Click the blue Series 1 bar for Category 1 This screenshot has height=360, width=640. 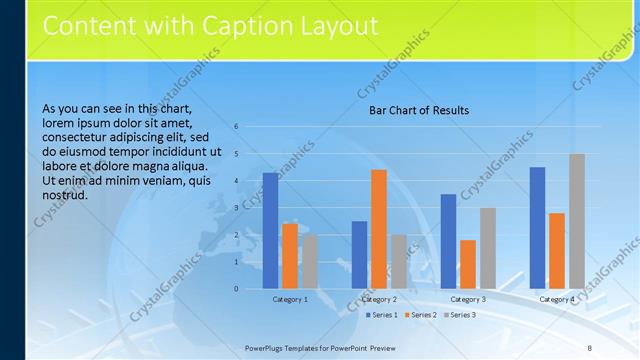(270, 231)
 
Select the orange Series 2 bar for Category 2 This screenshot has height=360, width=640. (379, 229)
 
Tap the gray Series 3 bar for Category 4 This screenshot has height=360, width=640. (577, 221)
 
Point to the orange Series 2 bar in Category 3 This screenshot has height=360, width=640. (468, 264)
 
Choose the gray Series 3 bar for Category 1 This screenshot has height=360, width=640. (310, 261)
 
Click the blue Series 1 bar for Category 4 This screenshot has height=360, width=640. (537, 228)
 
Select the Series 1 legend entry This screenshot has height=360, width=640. (382, 315)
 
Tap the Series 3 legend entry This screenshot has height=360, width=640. (460, 315)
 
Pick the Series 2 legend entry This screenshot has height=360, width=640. (421, 315)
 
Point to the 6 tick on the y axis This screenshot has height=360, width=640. (236, 127)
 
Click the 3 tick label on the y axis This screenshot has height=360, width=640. (236, 208)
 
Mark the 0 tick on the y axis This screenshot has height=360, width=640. (236, 289)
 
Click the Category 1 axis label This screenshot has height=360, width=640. (290, 299)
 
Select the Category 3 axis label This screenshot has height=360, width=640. (468, 299)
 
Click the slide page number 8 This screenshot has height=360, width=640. (590, 347)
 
